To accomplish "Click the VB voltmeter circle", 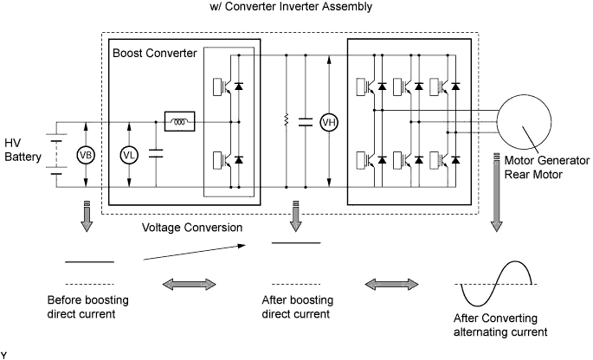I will click(86, 155).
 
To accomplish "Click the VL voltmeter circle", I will click(129, 155).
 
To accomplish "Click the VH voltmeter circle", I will click(328, 122).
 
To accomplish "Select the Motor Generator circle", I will click(526, 121).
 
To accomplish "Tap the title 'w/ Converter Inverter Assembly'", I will click(297, 8).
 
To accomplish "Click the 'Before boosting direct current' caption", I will click(87, 306).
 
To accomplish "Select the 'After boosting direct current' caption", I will click(296, 306).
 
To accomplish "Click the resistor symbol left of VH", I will click(286, 122).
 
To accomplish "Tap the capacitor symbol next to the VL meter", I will click(157, 155).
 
